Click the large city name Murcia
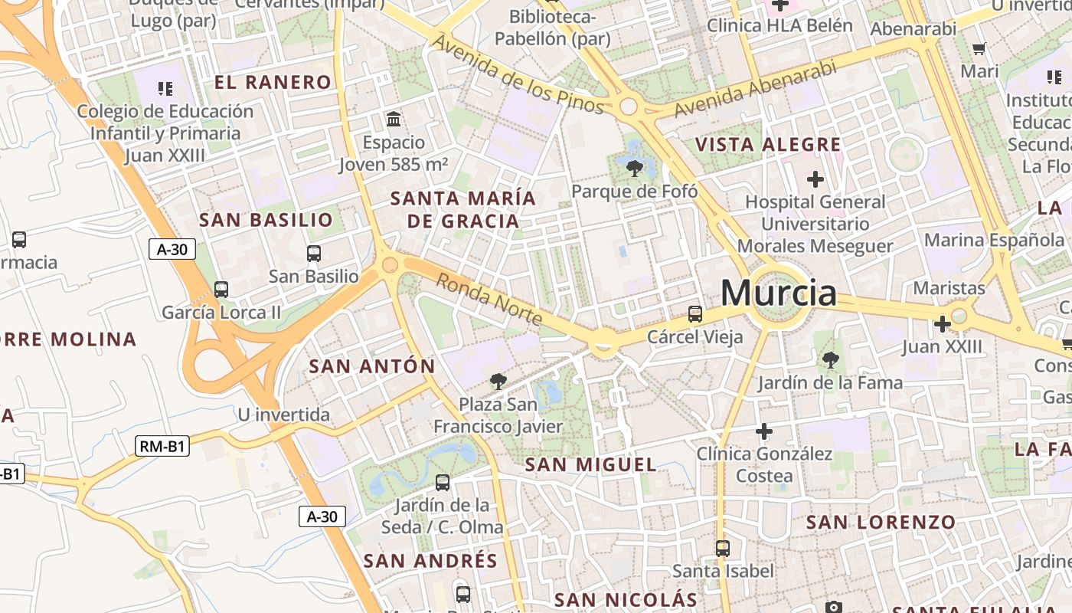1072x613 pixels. click(x=778, y=293)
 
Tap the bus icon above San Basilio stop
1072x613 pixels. click(x=313, y=254)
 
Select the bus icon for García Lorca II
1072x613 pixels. click(x=221, y=290)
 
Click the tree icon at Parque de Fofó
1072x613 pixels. click(x=634, y=168)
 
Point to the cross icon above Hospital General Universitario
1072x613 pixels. click(x=815, y=179)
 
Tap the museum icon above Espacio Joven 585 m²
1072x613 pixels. click(x=394, y=119)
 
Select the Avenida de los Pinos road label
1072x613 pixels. click(x=519, y=73)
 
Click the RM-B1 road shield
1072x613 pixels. click(x=162, y=447)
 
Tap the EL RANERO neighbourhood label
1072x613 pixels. click(x=273, y=83)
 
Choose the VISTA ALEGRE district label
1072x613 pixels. click(x=767, y=145)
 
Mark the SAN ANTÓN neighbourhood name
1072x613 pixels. click(x=371, y=366)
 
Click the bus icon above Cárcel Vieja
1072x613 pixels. click(x=695, y=314)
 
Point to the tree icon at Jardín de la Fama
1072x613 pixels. click(x=829, y=359)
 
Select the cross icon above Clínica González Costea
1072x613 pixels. click(x=763, y=431)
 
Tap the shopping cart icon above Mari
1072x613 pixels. click(x=979, y=49)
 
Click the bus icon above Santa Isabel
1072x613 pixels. click(x=722, y=548)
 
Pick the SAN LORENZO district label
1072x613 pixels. click(x=881, y=523)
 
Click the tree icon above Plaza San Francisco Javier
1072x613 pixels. click(x=498, y=381)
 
